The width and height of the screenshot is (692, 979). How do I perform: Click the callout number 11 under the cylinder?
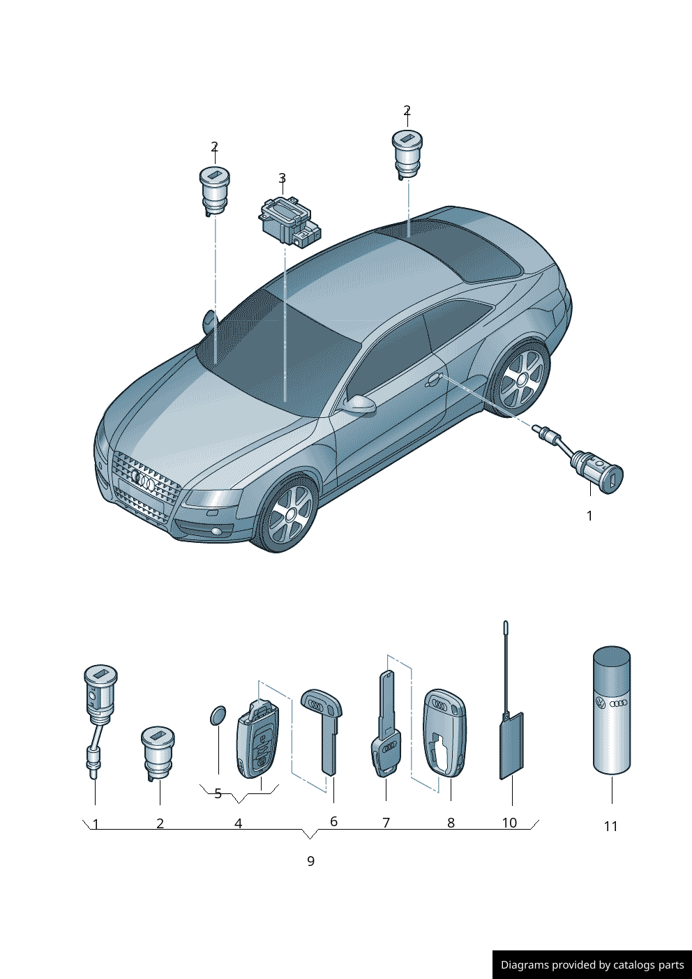tap(610, 826)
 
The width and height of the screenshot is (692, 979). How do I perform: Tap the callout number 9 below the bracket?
tap(310, 861)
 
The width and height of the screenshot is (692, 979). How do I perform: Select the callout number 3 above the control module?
tap(283, 179)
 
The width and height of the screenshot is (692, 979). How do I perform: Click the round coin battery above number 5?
tap(218, 715)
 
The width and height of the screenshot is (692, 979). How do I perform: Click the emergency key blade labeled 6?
tap(322, 731)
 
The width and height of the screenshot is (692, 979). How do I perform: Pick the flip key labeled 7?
tap(385, 724)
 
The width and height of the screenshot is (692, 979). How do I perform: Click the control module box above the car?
tap(289, 222)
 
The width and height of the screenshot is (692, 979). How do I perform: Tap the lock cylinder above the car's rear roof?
tap(407, 156)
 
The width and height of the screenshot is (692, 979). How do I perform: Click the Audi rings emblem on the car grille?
tap(143, 481)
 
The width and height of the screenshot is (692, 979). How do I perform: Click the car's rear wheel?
tap(520, 380)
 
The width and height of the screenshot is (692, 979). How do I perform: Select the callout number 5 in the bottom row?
tap(218, 793)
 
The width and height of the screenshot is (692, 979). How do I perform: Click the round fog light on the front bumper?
tap(216, 532)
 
